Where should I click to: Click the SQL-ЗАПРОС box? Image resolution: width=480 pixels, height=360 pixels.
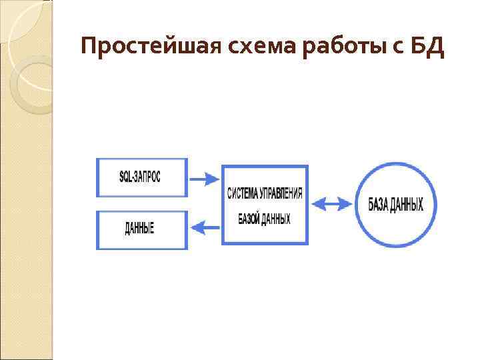coord(142,177)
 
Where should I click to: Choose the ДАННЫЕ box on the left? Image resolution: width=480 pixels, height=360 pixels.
coord(142,230)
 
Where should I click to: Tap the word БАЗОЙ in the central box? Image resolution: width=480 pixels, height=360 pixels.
coord(249,218)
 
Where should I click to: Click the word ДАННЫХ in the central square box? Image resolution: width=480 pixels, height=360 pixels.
coord(276,218)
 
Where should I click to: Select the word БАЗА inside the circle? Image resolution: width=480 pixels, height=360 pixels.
coord(378,204)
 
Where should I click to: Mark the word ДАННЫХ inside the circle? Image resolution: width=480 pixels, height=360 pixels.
coord(407,204)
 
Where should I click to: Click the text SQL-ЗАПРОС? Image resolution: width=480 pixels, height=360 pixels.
coord(140,177)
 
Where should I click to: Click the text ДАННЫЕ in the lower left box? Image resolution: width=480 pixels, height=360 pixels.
coord(139,229)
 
